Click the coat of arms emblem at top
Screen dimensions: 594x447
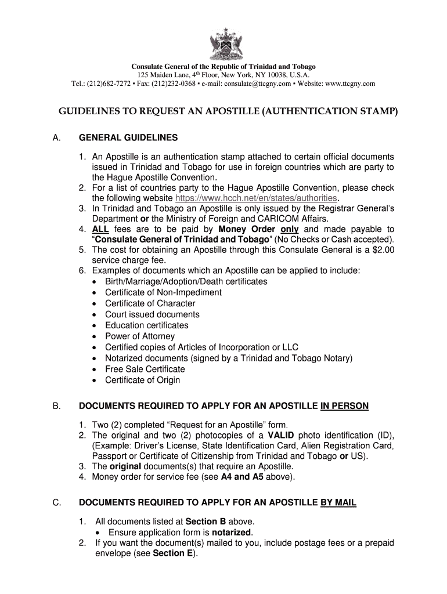223,44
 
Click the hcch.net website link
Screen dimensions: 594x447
256,198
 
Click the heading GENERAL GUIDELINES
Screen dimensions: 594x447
128,138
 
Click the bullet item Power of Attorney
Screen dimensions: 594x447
139,336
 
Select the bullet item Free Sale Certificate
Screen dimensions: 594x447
145,369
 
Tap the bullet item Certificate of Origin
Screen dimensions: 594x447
142,380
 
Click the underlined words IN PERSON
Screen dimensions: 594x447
344,406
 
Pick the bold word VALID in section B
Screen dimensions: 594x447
281,435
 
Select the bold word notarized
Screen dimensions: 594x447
232,532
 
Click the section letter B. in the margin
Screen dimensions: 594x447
56,406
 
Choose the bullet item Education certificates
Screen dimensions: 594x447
146,325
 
